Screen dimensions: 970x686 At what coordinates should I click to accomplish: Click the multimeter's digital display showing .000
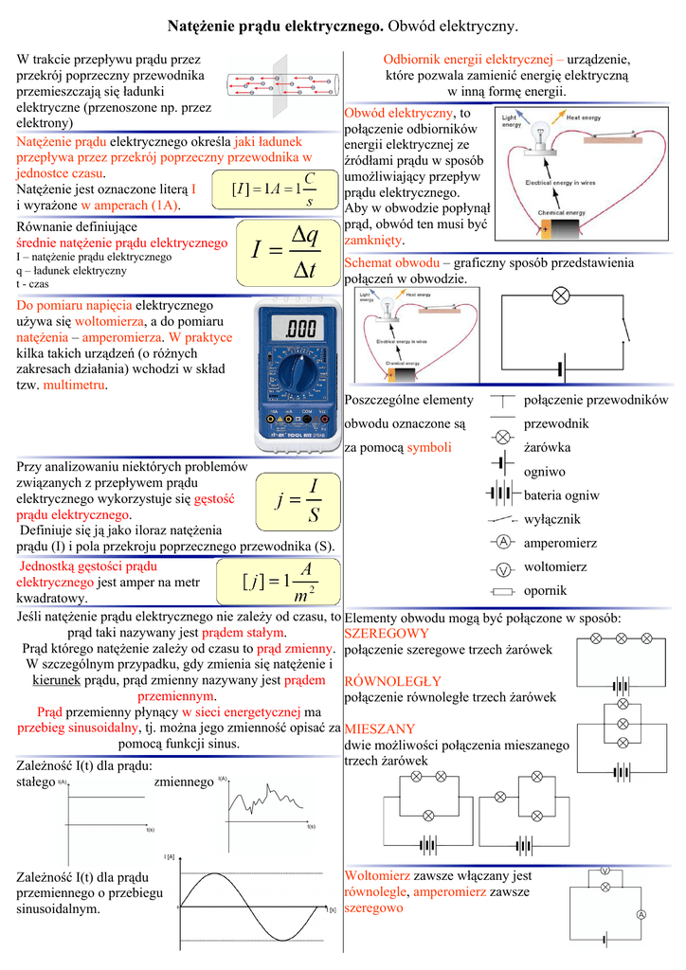(x=299, y=330)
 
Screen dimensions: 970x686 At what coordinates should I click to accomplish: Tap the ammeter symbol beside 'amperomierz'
(x=504, y=542)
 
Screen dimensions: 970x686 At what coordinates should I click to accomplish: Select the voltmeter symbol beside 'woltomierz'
(x=504, y=568)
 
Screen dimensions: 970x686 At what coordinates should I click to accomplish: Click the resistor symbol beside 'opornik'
(x=503, y=591)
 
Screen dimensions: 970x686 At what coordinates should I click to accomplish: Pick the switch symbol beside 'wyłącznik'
(x=502, y=519)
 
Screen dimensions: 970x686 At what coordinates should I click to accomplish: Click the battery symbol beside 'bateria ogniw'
(x=502, y=494)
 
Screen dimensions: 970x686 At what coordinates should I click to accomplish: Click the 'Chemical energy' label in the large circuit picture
(x=562, y=213)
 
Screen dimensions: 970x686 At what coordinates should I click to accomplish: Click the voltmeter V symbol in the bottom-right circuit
(x=605, y=869)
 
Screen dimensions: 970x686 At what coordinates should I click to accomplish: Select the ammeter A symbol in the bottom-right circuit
(x=641, y=914)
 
